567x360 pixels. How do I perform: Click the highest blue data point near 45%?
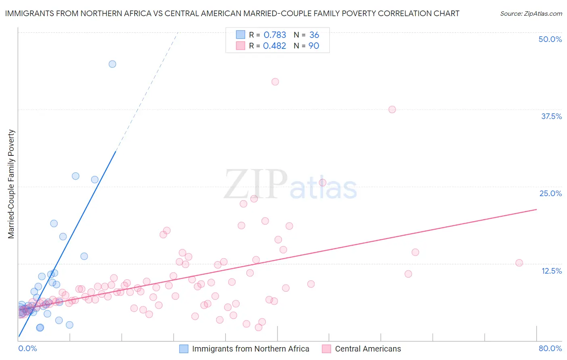click(x=113, y=64)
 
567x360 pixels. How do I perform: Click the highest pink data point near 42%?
click(x=275, y=82)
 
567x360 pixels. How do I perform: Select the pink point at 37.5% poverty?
click(x=392, y=109)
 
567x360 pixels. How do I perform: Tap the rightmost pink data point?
click(x=519, y=263)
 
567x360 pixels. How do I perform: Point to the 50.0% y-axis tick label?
click(x=550, y=39)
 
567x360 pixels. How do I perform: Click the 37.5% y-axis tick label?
click(x=551, y=116)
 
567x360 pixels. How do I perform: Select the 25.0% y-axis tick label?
click(x=550, y=193)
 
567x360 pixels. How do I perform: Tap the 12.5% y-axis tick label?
click(x=551, y=271)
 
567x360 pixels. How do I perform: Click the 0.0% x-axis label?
click(x=27, y=348)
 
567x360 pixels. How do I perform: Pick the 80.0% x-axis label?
click(x=550, y=348)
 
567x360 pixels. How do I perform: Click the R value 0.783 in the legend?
click(x=275, y=35)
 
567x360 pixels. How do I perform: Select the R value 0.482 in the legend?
click(x=274, y=46)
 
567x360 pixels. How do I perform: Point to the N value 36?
click(x=314, y=35)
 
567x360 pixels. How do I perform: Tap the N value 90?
click(x=314, y=46)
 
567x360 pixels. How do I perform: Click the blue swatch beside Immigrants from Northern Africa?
click(x=184, y=349)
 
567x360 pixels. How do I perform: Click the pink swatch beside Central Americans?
click(x=327, y=349)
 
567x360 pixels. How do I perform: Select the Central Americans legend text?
click(x=368, y=349)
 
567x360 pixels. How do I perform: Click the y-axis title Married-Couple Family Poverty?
click(x=11, y=184)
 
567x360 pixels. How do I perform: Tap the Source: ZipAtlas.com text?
click(x=531, y=13)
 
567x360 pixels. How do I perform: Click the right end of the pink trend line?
click(x=536, y=209)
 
